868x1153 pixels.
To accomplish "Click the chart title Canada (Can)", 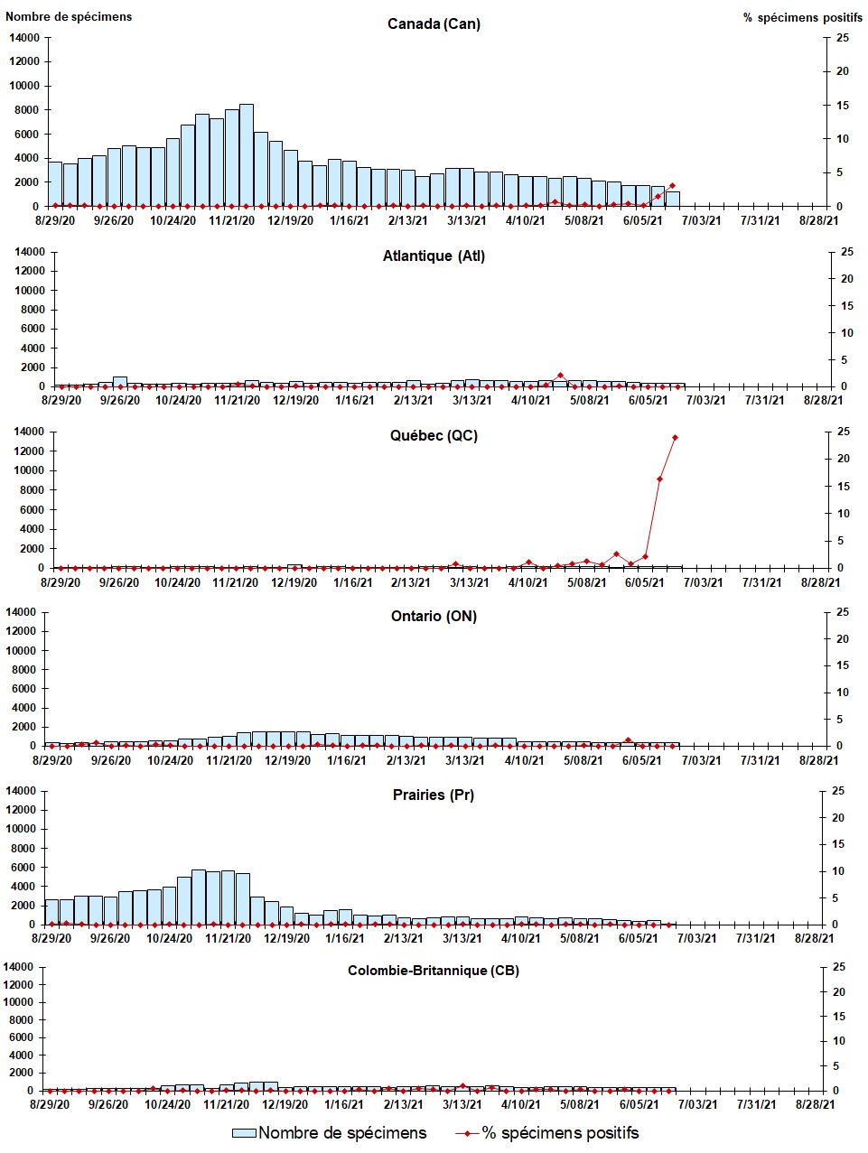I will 434,23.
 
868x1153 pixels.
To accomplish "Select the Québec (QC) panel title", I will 434,435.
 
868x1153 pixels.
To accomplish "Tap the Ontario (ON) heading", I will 434,616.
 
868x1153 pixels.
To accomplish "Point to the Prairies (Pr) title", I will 434,795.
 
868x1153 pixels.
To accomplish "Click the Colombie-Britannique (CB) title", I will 434,971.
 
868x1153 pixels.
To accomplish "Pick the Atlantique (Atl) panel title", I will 434,256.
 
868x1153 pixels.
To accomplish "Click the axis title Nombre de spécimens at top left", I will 69,16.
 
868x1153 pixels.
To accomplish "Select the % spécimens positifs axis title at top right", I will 802,17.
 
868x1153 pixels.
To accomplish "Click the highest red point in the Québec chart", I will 675,438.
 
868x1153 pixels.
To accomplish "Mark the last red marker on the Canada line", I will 672,186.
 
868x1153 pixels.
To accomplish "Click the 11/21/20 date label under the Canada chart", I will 232,220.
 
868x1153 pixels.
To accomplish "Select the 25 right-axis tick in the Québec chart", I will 844,432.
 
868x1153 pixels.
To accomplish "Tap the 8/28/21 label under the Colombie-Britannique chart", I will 814,1104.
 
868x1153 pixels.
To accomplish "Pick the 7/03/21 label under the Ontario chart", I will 701,760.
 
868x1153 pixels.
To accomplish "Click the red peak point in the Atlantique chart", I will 560,375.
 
